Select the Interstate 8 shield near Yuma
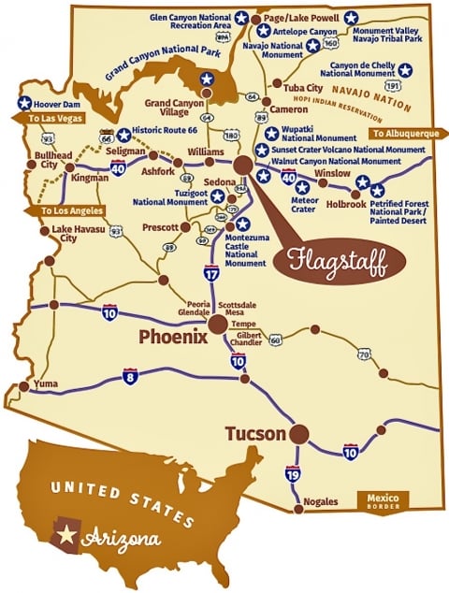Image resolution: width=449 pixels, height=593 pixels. click(x=130, y=376)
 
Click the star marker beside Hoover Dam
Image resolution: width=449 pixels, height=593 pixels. click(x=24, y=104)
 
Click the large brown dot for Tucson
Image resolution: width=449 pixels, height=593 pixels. click(x=298, y=434)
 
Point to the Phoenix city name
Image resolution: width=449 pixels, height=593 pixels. click(x=173, y=338)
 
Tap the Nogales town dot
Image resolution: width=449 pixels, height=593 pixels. click(x=298, y=509)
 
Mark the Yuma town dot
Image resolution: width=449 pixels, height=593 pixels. click(x=21, y=383)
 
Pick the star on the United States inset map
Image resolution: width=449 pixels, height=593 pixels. click(x=66, y=536)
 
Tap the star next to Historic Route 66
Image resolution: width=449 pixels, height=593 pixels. click(x=123, y=135)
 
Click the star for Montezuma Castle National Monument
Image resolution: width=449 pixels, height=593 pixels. click(x=242, y=224)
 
